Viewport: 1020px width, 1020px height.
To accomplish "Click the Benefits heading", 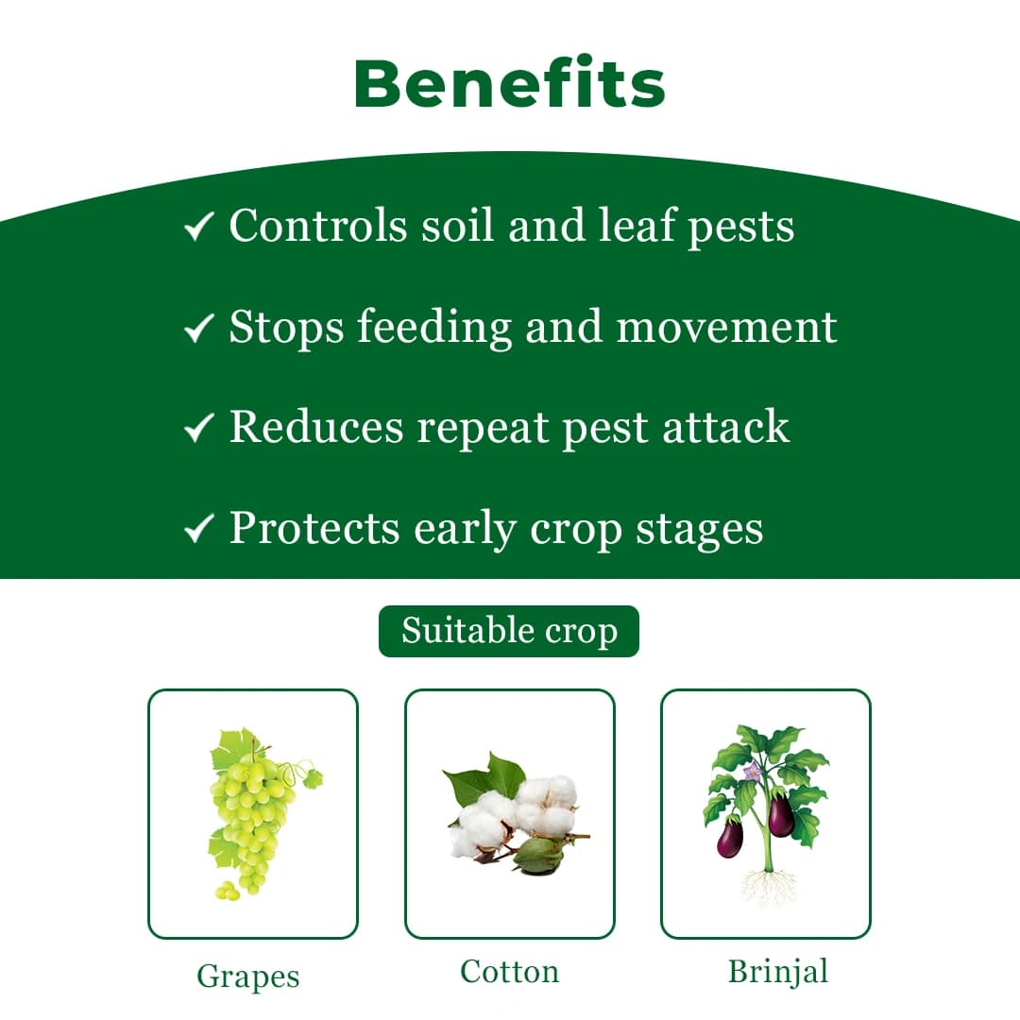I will click(510, 83).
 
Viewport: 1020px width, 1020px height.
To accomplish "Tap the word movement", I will click(726, 327).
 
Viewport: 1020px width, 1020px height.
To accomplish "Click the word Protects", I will click(314, 528).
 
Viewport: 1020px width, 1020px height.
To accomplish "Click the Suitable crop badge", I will click(509, 631).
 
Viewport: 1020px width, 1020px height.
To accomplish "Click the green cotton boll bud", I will click(537, 854).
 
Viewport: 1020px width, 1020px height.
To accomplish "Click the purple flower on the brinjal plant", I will click(752, 773).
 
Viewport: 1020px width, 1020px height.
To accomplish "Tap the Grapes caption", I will click(247, 976).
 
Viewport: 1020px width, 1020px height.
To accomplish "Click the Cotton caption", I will click(509, 972).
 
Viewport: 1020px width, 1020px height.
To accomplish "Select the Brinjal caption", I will click(777, 972).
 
